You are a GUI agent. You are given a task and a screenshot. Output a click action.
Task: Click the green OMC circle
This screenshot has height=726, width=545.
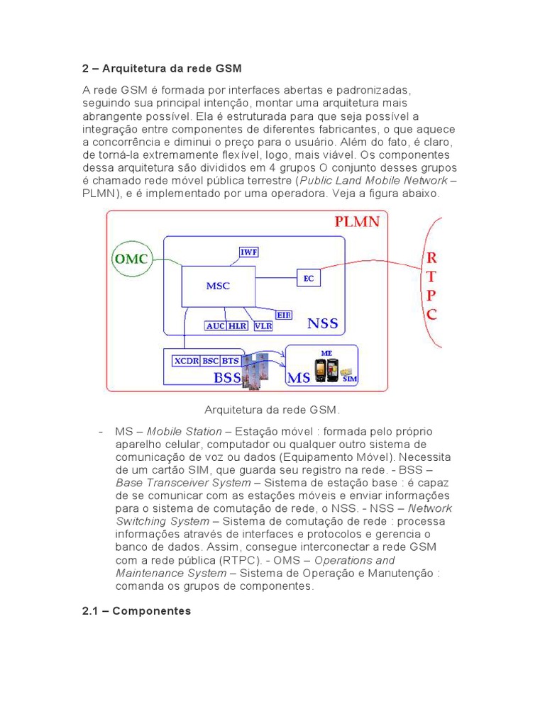132,259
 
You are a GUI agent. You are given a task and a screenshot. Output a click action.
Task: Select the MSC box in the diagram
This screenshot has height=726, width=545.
218,286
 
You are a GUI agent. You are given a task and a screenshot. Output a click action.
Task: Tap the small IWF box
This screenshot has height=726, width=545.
248,252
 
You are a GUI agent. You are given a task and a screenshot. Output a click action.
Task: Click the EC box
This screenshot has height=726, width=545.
308,279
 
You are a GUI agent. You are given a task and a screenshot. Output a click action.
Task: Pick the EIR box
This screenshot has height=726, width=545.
284,314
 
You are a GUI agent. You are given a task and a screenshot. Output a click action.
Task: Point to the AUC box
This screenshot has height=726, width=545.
215,326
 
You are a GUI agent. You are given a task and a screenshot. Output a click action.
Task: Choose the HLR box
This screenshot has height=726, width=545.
237,326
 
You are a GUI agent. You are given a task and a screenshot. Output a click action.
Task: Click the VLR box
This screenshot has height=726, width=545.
263,326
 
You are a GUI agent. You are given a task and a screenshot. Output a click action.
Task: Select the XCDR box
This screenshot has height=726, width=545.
187,361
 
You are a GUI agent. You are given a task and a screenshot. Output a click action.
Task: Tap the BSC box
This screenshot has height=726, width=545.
211,361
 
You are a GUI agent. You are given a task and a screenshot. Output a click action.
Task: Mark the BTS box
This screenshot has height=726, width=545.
231,361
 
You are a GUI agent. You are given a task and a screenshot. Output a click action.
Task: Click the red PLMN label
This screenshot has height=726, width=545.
357,222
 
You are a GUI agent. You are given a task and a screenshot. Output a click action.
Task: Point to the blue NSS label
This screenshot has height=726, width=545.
323,324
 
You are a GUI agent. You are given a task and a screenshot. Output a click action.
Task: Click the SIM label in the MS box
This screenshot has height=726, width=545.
349,379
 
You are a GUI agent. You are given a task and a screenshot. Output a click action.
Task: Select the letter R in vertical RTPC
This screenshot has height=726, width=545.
431,257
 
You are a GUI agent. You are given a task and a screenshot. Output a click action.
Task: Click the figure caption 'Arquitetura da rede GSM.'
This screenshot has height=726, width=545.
272,410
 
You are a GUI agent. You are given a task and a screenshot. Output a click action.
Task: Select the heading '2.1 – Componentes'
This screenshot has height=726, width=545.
137,610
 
